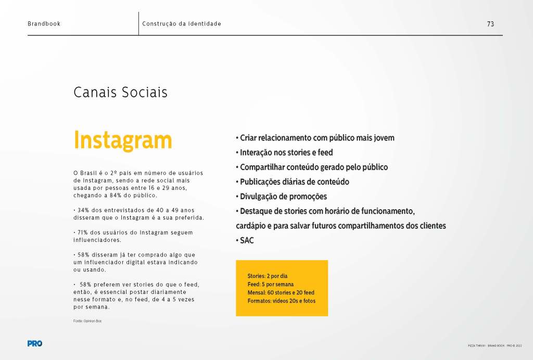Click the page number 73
coord(490,24)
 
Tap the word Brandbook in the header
coord(44,24)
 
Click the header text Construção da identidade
coord(181,24)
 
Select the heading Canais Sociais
coord(120,93)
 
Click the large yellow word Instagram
coord(123,140)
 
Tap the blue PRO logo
coord(35,343)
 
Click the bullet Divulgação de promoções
coord(281,197)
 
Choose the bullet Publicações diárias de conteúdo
coord(292,182)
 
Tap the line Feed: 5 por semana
coord(270,284)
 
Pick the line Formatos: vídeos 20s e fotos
coord(281,301)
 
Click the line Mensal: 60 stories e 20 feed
coord(281,292)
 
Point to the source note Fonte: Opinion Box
coord(87,321)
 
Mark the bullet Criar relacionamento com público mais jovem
coord(315,138)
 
